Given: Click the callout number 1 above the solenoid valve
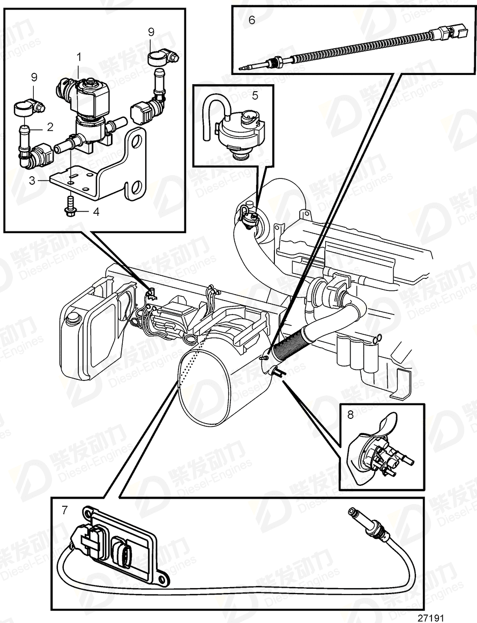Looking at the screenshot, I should [79, 56].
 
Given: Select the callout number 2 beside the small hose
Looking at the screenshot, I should [50, 127].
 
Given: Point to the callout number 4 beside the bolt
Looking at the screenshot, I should [96, 212].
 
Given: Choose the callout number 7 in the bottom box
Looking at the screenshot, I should [65, 510].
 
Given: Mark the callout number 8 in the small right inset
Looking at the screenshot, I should [351, 414].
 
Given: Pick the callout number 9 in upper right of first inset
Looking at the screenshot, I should [151, 33].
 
